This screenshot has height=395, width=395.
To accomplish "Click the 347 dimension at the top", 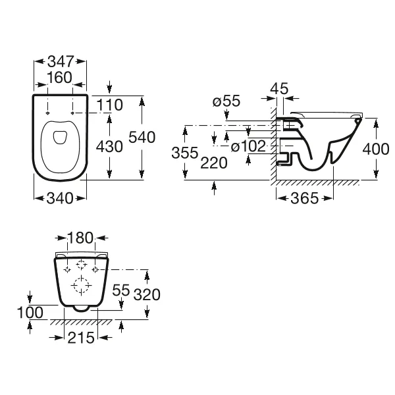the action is [x=61, y=61].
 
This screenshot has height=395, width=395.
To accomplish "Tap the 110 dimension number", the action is [x=110, y=105].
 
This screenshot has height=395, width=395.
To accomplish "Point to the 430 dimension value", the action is [x=109, y=146].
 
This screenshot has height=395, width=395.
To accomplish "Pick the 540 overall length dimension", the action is [x=142, y=138].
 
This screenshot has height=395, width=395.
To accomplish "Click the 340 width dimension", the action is [x=60, y=199].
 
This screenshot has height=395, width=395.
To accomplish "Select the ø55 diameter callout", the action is [x=226, y=101].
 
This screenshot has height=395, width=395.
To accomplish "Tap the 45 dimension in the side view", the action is [x=279, y=88].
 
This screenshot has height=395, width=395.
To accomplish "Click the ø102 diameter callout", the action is [x=248, y=146].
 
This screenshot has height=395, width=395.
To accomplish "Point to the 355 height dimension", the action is [x=185, y=153].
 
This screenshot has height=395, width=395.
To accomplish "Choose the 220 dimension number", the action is [x=214, y=163].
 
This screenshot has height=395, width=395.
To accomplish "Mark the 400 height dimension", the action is [x=376, y=149].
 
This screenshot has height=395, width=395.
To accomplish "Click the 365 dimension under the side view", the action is [x=305, y=198].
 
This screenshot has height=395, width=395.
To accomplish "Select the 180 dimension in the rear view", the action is [x=80, y=238].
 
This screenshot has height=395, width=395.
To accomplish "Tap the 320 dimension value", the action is [x=147, y=294].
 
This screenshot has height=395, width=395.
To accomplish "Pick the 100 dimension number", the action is [x=30, y=313].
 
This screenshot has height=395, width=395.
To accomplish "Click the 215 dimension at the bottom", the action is [x=81, y=338].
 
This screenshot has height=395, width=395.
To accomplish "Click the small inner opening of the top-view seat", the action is [x=60, y=138].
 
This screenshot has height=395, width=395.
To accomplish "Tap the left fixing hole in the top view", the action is [x=47, y=113].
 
